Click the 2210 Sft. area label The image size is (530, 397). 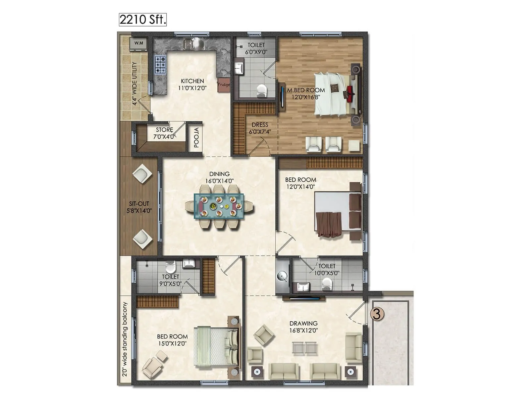click(x=142, y=20)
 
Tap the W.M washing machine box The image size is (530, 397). click(x=138, y=43)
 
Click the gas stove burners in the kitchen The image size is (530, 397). click(x=161, y=65)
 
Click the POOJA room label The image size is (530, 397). click(x=196, y=137)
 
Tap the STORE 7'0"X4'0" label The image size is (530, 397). click(x=164, y=133)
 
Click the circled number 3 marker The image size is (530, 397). click(x=377, y=314)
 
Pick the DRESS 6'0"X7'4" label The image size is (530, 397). click(x=260, y=128)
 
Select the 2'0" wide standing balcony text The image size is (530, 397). click(x=125, y=339)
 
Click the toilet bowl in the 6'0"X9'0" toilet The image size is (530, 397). click(x=262, y=90)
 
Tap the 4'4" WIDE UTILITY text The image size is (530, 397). click(x=134, y=83)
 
